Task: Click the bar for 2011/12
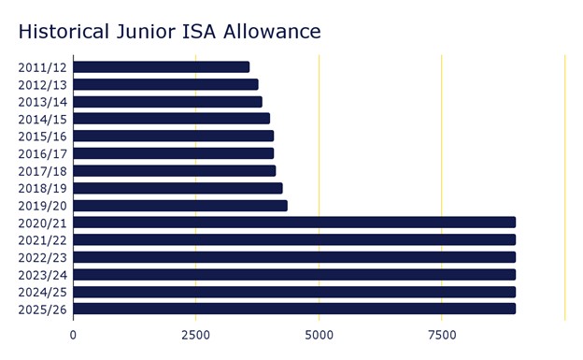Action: coord(161,66)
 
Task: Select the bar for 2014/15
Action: coord(171,119)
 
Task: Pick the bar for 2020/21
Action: coord(294,223)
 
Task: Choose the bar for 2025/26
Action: coord(294,309)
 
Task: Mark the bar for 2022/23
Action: coord(294,257)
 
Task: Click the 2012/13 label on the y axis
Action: coord(42,84)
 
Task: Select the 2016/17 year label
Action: coord(42,153)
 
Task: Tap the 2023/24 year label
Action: coord(42,275)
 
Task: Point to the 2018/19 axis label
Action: coord(42,188)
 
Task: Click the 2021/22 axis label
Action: coord(42,240)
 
